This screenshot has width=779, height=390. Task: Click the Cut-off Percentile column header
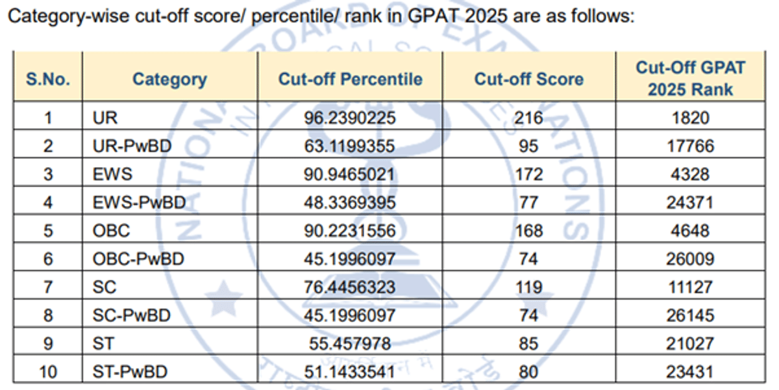(350, 79)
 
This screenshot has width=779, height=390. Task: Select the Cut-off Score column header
(528, 79)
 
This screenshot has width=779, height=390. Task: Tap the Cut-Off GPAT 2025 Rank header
(690, 78)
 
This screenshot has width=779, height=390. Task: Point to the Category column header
(169, 79)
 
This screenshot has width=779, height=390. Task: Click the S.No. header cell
(48, 79)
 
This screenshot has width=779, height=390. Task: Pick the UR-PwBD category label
(132, 146)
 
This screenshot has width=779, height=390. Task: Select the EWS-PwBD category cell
(139, 203)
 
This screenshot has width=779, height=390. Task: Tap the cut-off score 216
(528, 118)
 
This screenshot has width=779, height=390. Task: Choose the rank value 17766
(690, 146)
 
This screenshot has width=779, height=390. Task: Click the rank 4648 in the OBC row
(690, 231)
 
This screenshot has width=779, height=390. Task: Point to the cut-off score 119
(528, 287)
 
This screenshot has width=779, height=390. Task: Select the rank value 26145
(690, 315)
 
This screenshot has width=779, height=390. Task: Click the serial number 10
(48, 372)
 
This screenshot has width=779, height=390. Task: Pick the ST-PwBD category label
(130, 372)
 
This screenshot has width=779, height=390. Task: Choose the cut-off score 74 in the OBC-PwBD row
(528, 259)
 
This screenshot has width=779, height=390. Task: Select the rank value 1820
(690, 118)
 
